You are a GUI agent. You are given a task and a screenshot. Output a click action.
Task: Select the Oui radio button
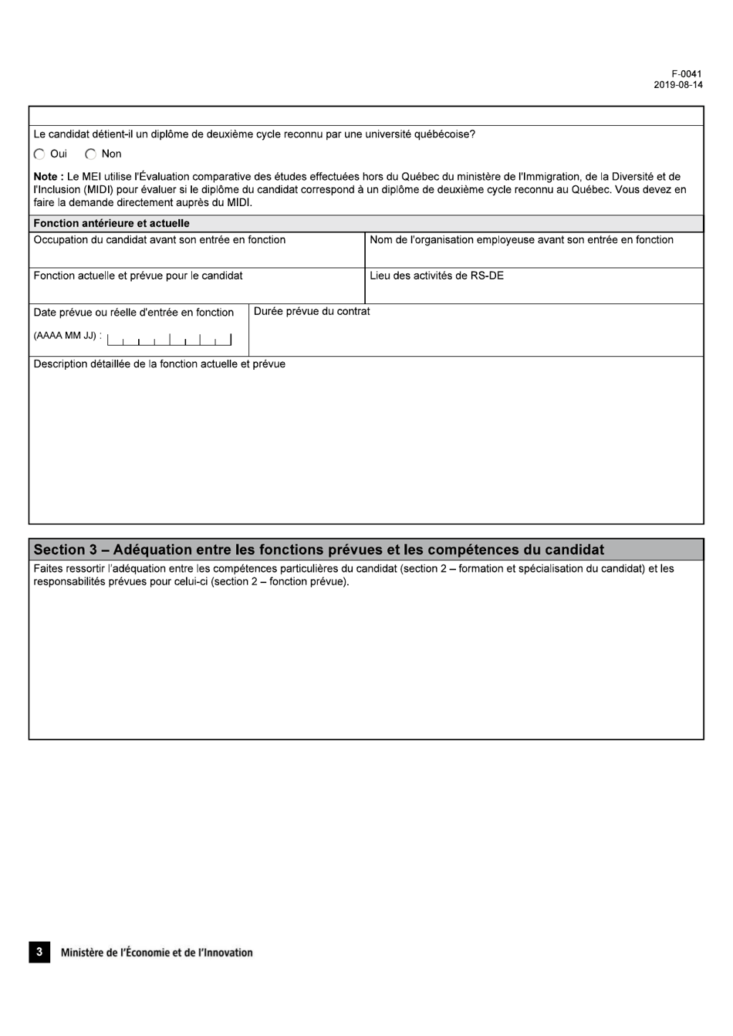pos(39,154)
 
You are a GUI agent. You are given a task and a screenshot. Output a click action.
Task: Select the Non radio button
pos(90,154)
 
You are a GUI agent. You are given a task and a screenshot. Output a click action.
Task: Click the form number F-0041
pos(687,74)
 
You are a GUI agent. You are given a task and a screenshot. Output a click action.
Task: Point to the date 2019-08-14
pos(678,85)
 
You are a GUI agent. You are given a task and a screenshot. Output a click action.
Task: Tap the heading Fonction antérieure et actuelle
pos(111,223)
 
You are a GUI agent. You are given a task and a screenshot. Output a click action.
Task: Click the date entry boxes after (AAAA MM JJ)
pos(169,338)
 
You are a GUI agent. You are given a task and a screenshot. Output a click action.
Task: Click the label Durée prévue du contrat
pos(312,311)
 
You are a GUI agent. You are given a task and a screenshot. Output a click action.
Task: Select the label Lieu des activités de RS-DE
pos(437,276)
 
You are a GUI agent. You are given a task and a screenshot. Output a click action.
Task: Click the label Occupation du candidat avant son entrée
pos(159,239)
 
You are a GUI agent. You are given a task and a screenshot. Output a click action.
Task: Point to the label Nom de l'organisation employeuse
pos(522,239)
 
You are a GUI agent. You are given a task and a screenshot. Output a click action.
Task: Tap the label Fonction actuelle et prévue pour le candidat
pos(137,276)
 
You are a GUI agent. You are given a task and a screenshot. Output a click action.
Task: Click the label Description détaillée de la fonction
pos(159,364)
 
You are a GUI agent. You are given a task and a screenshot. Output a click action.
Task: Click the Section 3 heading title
pos(319,550)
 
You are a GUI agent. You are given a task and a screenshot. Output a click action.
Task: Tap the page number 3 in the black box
pos(39,952)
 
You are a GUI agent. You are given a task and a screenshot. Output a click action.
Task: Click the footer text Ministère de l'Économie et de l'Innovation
pos(157,953)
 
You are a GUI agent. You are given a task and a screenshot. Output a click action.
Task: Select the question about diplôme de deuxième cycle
pos(254,134)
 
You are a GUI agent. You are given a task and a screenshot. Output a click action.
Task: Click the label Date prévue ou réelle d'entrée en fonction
pos(133,312)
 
